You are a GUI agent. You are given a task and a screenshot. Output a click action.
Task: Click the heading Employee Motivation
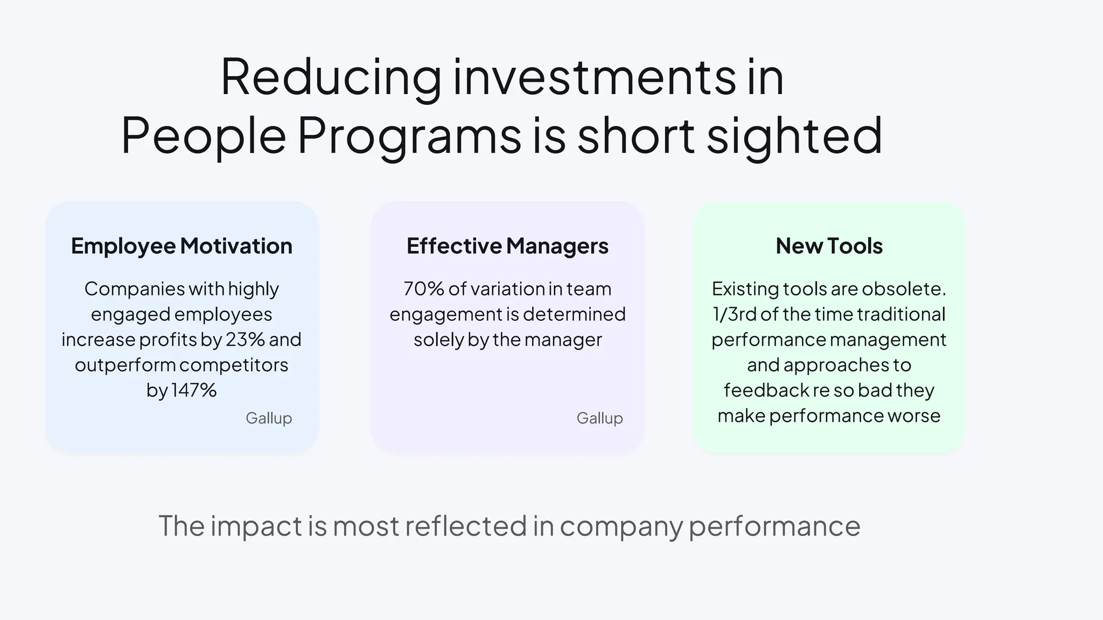click(181, 246)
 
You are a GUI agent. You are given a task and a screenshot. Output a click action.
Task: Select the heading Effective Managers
click(507, 246)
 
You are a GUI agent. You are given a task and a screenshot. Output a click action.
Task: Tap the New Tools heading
click(829, 246)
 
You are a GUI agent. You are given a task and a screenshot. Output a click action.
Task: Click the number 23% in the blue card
click(245, 340)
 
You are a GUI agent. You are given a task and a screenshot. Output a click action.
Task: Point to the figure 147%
click(193, 390)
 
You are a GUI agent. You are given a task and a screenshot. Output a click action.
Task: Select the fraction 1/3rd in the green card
click(735, 314)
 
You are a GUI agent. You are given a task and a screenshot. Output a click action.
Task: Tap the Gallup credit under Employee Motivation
click(269, 418)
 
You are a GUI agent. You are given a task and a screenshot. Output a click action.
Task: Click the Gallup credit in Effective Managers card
click(599, 418)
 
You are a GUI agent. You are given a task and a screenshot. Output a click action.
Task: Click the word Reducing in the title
click(331, 78)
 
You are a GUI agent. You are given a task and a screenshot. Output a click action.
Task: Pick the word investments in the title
click(594, 78)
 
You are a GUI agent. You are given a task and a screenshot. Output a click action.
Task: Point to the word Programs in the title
click(409, 136)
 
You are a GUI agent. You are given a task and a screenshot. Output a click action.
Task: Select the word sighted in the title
click(794, 136)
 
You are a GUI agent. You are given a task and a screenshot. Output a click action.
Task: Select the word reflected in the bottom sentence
click(465, 526)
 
